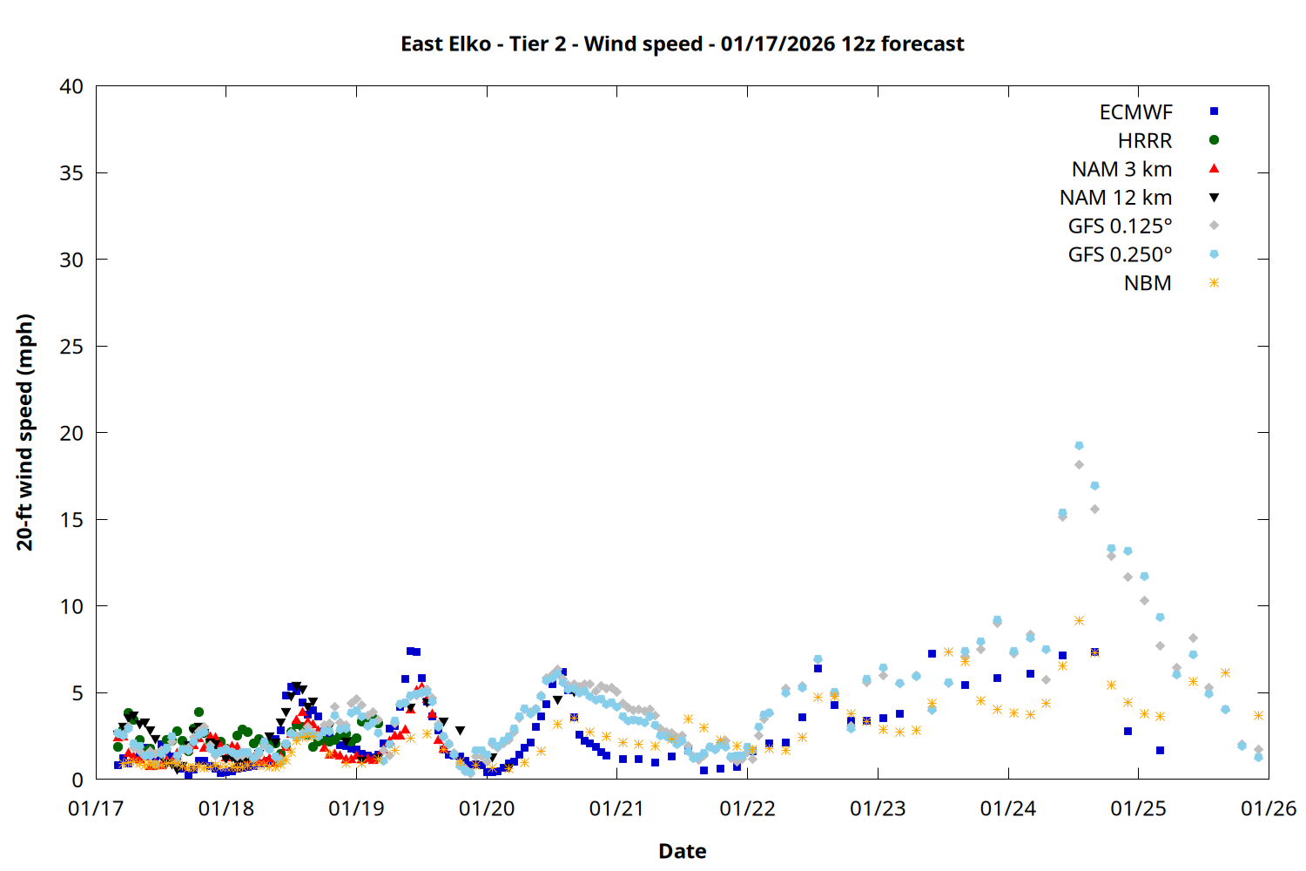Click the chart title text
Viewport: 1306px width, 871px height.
pyautogui.click(x=682, y=44)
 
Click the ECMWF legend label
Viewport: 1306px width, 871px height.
pyautogui.click(x=1135, y=112)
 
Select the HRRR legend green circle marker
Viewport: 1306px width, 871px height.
pyautogui.click(x=1214, y=140)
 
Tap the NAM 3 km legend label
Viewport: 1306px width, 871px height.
pyautogui.click(x=1121, y=169)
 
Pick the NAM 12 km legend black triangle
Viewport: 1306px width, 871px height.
pyautogui.click(x=1214, y=198)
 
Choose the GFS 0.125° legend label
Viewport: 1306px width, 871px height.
pyautogui.click(x=1120, y=226)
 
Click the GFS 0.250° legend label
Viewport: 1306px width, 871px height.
pyautogui.click(x=1120, y=255)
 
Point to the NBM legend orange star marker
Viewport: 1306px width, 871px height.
pyautogui.click(x=1214, y=283)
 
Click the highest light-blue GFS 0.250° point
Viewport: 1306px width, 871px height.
pyautogui.click(x=1079, y=446)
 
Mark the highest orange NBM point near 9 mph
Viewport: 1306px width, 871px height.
pyautogui.click(x=1079, y=621)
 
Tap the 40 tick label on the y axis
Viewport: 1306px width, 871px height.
pyautogui.click(x=71, y=86)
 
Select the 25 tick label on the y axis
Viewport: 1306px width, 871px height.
pyautogui.click(x=71, y=347)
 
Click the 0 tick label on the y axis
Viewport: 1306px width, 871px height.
pyautogui.click(x=77, y=780)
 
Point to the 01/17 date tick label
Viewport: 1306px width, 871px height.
pyautogui.click(x=96, y=809)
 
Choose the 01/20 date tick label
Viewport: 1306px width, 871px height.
pyautogui.click(x=487, y=809)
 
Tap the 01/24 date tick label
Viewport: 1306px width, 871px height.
pyautogui.click(x=1008, y=809)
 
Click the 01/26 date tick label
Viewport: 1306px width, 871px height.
pyautogui.click(x=1269, y=809)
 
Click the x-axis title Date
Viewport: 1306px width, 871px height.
pyautogui.click(x=682, y=851)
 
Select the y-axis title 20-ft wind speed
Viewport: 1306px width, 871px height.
pyautogui.click(x=24, y=433)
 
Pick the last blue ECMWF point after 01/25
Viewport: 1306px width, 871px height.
pyautogui.click(x=1160, y=751)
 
